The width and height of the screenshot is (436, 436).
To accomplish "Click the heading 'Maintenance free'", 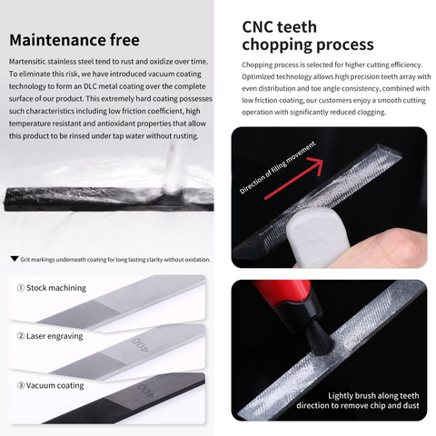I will (x=74, y=40).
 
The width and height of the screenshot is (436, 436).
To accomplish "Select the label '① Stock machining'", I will (x=52, y=288).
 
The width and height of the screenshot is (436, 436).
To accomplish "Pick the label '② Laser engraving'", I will (x=51, y=336).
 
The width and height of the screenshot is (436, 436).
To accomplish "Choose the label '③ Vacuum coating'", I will (x=51, y=384).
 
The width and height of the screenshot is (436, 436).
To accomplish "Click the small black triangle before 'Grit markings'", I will (x=14, y=259).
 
